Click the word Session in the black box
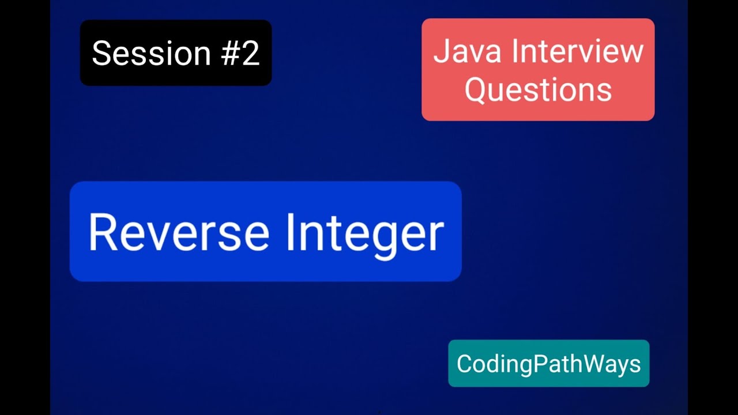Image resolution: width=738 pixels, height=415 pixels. [152, 53]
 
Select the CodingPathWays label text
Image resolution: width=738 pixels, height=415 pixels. [548, 364]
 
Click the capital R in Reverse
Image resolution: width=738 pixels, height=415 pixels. [102, 232]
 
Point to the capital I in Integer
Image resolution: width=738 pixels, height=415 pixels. [291, 232]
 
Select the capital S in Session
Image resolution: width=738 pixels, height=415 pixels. [102, 53]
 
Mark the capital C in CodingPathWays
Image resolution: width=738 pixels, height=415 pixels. [464, 364]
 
